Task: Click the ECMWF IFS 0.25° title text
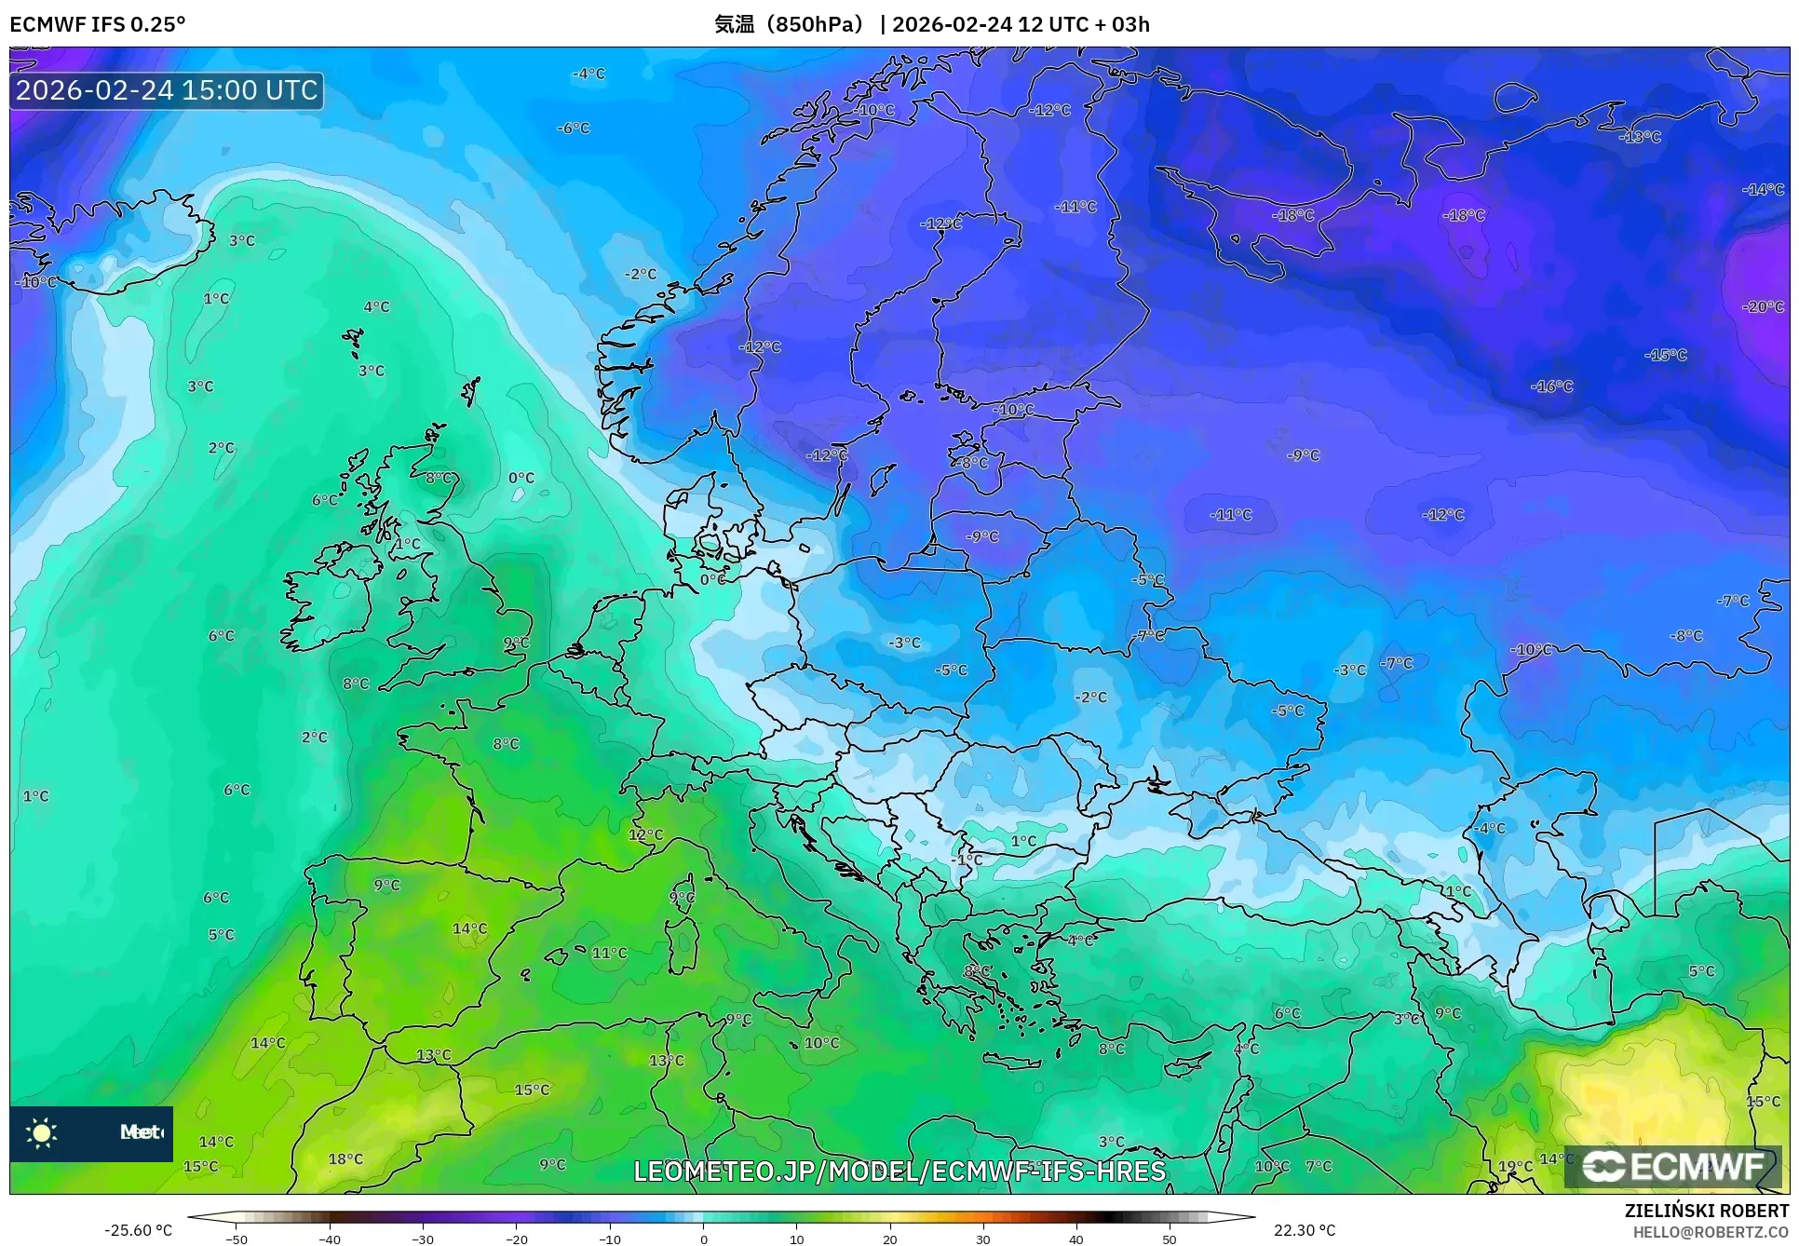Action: pyautogui.click(x=97, y=24)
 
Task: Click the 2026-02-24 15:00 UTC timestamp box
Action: pyautogui.click(x=167, y=90)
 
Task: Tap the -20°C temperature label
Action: pyautogui.click(x=1762, y=306)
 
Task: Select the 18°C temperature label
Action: pyautogui.click(x=345, y=1158)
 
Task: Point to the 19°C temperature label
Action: pyautogui.click(x=1515, y=1166)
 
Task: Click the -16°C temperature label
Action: pyautogui.click(x=1551, y=386)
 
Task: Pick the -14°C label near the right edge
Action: pyautogui.click(x=1762, y=189)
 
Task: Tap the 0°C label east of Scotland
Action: pyautogui.click(x=521, y=478)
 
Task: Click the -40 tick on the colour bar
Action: pyautogui.click(x=330, y=1239)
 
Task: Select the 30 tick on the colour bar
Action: pyautogui.click(x=983, y=1239)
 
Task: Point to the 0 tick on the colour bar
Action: pyautogui.click(x=704, y=1239)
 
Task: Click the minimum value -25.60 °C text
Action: pyautogui.click(x=138, y=1230)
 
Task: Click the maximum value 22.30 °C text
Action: pyautogui.click(x=1305, y=1230)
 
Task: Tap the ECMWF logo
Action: pyautogui.click(x=1673, y=1166)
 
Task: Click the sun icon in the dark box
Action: pyautogui.click(x=42, y=1132)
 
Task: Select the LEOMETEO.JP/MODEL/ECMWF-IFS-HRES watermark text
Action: pyautogui.click(x=899, y=1171)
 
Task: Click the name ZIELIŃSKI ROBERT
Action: pyautogui.click(x=1706, y=1212)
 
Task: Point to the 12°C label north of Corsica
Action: pyautogui.click(x=645, y=834)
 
